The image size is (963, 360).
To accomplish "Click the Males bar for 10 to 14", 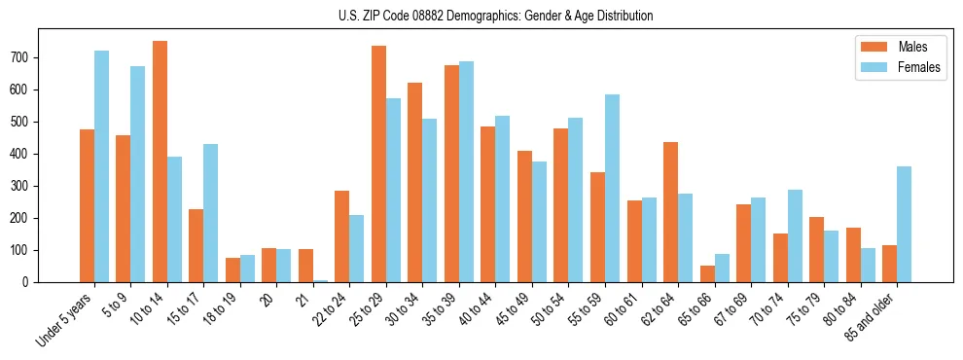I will [x=160, y=162].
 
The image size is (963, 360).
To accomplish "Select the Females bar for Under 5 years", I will [x=101, y=166].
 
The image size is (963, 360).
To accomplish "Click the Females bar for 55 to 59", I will [x=612, y=188].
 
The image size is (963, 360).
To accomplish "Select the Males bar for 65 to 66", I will [x=707, y=273].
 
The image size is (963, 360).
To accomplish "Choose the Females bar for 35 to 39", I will [x=466, y=171].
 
